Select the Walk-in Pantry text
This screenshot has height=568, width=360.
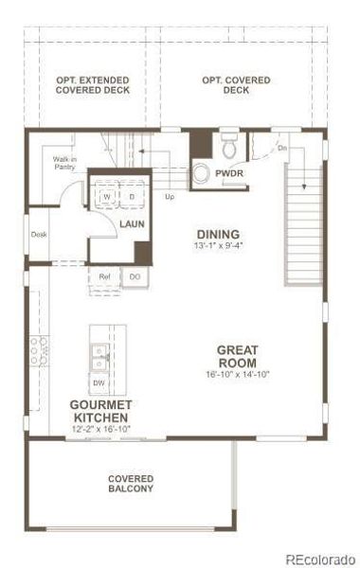pyautogui.click(x=64, y=167)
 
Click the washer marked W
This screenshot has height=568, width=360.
pyautogui.click(x=106, y=196)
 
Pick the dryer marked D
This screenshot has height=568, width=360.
pyautogui.click(x=132, y=196)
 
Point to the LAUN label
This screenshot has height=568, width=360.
pyautogui.click(x=131, y=224)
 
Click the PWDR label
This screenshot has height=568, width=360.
pyautogui.click(x=228, y=173)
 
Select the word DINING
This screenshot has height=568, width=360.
pyautogui.click(x=217, y=235)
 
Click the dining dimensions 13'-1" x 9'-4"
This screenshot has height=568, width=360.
pyautogui.click(x=217, y=246)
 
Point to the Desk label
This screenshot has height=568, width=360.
pyautogui.click(x=38, y=234)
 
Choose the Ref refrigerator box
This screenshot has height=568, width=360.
pyautogui.click(x=106, y=276)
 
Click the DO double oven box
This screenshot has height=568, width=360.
pyautogui.click(x=135, y=276)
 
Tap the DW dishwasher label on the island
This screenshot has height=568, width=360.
pyautogui.click(x=99, y=383)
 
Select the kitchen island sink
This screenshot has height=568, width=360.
pyautogui.click(x=99, y=357)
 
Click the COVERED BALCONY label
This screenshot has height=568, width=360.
pyautogui.click(x=130, y=485)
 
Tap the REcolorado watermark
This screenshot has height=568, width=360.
pyautogui.click(x=319, y=559)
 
